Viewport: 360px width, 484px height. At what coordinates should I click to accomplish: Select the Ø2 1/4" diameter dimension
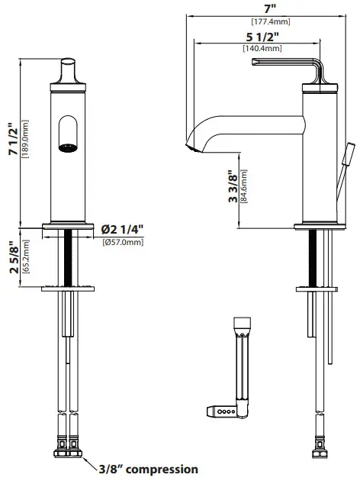124,229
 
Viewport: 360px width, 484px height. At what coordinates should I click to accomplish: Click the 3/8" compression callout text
149,469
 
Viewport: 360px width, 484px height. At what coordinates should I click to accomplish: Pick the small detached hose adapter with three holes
221,410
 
